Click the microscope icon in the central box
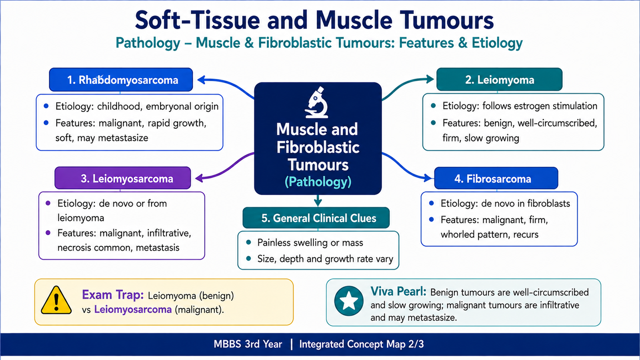(316, 102)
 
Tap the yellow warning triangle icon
(56, 300)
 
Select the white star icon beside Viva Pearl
(348, 301)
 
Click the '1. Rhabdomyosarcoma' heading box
(121, 80)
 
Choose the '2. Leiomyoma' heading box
(500, 80)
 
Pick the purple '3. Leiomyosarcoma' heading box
(122, 178)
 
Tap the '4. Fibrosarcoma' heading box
(496, 178)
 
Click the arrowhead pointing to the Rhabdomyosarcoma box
(202, 80)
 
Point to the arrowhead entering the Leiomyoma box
(430, 79)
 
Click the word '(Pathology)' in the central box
(318, 182)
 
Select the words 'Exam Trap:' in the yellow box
(112, 294)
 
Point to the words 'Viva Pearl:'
(398, 292)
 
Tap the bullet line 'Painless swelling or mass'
(310, 242)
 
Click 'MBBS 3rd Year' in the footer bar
(248, 344)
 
